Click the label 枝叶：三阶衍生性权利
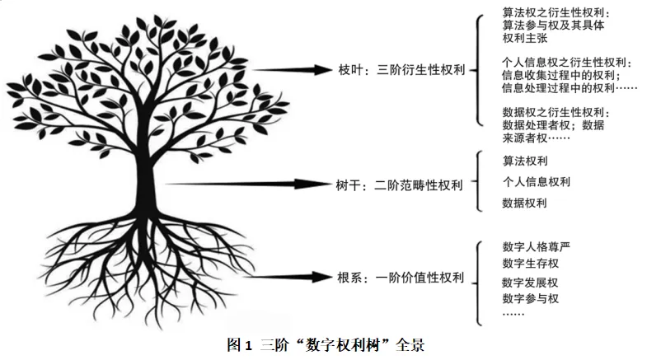point(399,70)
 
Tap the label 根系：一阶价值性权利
point(398,278)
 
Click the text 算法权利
point(525,161)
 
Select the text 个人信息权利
point(536,181)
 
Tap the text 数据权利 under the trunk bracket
point(525,203)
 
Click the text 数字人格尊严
point(536,246)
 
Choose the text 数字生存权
point(530,264)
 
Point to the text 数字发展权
point(530,283)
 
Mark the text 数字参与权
point(530,298)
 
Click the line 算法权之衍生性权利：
point(556,12)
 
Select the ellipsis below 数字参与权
point(513,314)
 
